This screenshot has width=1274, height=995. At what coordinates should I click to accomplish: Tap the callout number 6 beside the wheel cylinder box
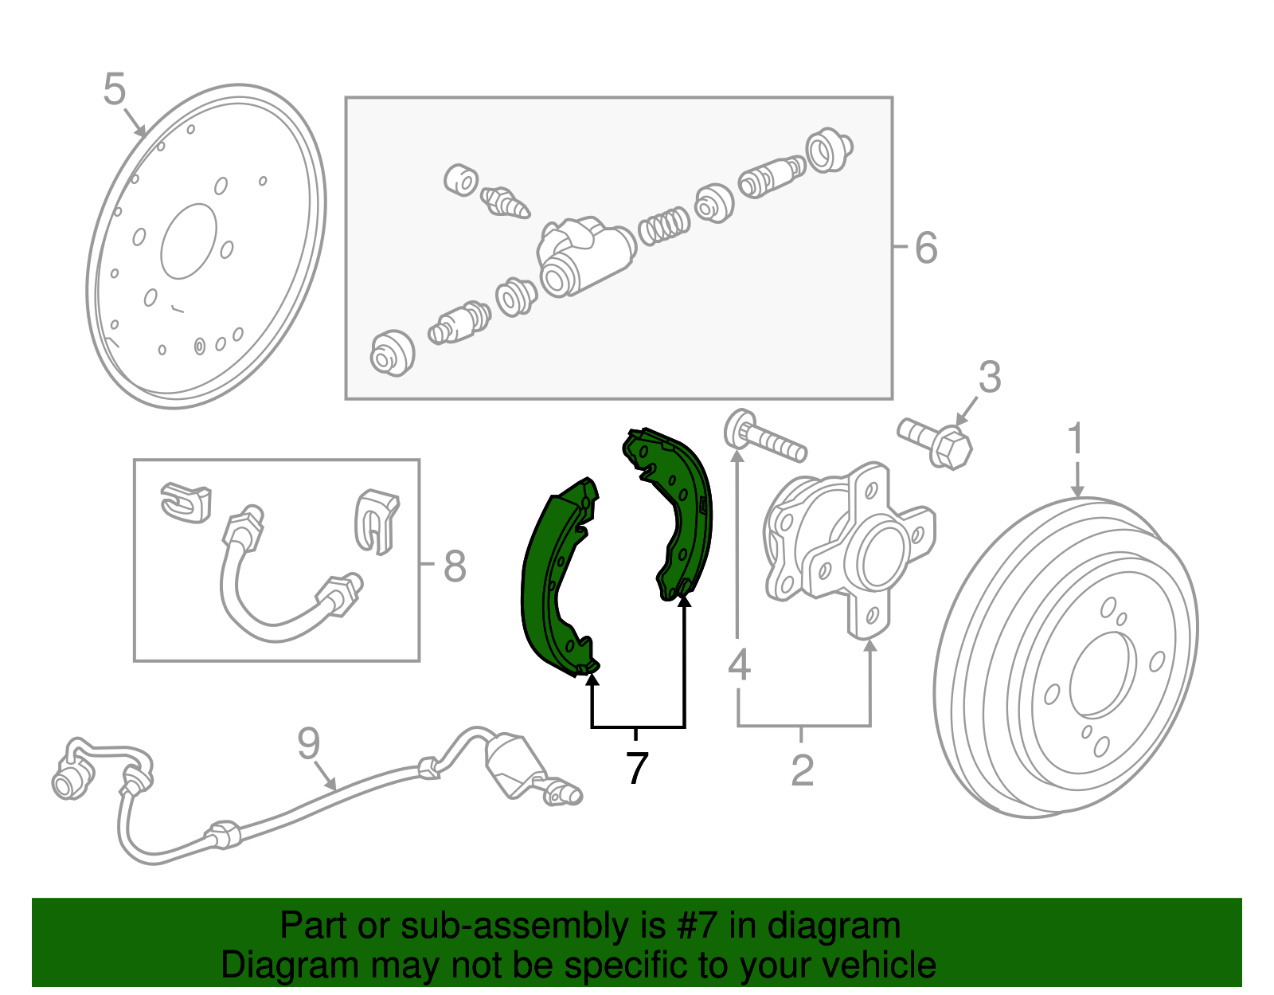pos(925,248)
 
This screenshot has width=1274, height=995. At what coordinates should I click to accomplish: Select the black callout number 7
pos(636,769)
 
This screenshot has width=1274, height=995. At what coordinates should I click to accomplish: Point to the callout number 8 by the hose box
pos(454,567)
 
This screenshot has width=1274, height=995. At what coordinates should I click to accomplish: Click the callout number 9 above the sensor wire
pos(308,743)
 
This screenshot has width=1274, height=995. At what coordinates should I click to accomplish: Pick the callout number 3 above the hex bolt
pos(989,377)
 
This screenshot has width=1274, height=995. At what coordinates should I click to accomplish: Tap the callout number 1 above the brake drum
pos(1076,439)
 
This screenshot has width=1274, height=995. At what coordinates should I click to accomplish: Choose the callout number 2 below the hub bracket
pos(802,770)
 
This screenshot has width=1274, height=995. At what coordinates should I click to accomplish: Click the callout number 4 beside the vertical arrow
pos(739,664)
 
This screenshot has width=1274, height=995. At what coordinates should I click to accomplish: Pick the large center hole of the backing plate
pos(189,241)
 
